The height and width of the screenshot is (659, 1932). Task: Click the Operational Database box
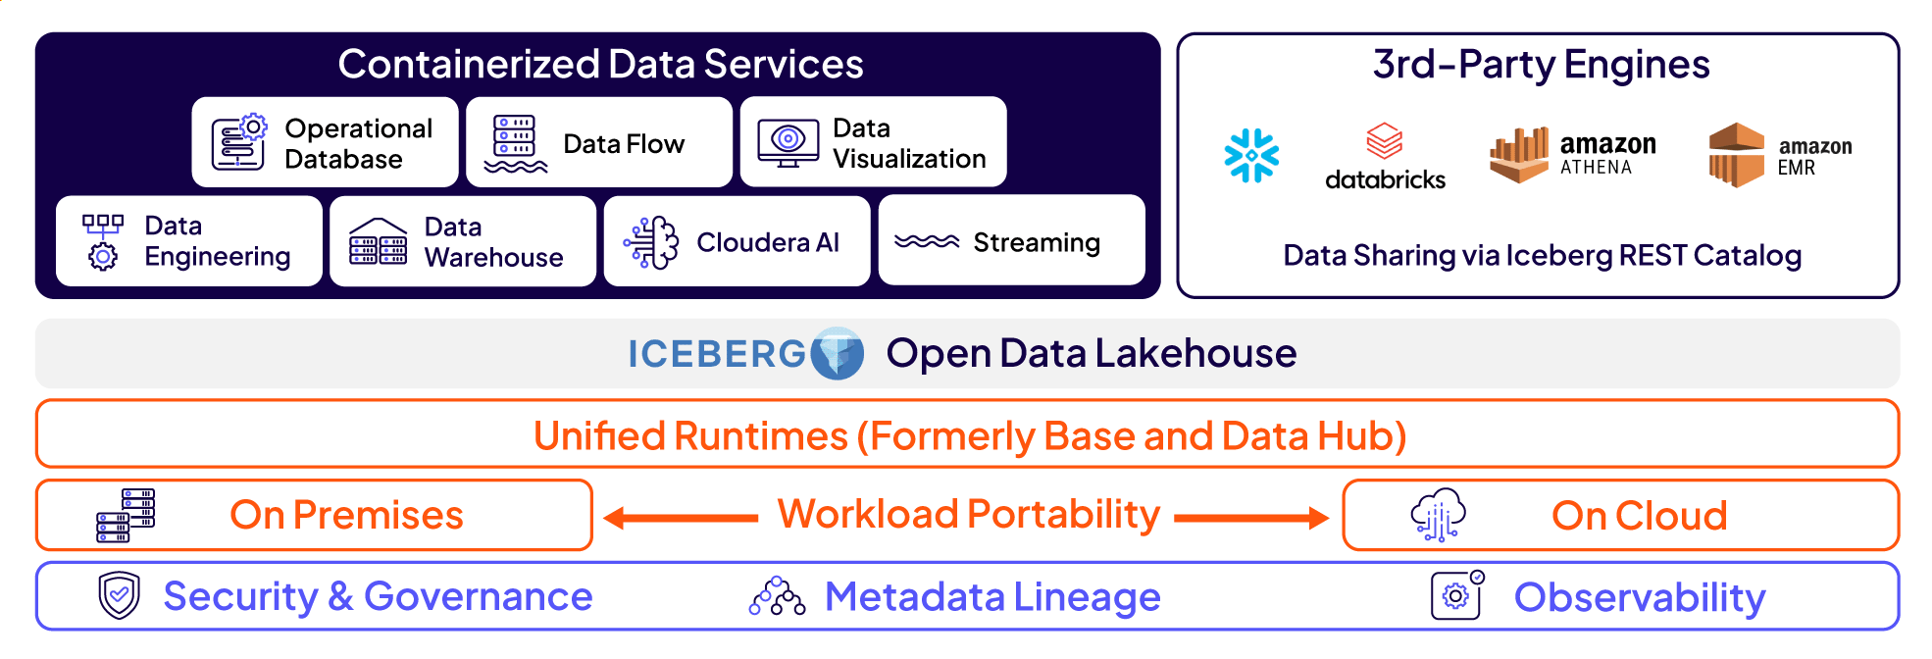[x=325, y=142]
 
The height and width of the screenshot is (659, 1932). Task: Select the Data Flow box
[x=599, y=142]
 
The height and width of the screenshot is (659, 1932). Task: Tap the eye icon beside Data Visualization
[x=788, y=143]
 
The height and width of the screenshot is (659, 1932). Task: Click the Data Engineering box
[x=189, y=241]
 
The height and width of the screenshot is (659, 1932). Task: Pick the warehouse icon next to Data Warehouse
[x=378, y=242]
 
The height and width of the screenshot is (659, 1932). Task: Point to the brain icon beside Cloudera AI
[x=651, y=242]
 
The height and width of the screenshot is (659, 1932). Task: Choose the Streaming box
[x=1011, y=241]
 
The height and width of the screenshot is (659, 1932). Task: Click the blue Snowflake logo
[x=1251, y=155]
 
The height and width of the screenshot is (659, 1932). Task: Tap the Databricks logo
[x=1384, y=157]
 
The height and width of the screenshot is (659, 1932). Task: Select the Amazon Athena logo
[x=1572, y=155]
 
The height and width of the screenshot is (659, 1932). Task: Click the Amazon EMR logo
[x=1779, y=155]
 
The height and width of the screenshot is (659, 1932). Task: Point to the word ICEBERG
[x=716, y=354]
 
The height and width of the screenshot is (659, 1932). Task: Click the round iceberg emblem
[x=838, y=353]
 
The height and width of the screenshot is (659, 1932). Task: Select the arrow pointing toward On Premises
[x=681, y=517]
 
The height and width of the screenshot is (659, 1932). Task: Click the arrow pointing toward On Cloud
[x=1251, y=517]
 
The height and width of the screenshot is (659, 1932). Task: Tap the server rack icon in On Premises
[x=126, y=515]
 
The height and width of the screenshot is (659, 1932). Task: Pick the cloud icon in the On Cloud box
[x=1438, y=515]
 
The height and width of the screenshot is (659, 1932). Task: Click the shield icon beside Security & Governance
[x=120, y=595]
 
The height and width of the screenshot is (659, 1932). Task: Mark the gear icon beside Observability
[x=1456, y=595]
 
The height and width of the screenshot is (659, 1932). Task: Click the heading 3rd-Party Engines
[x=1541, y=65]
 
